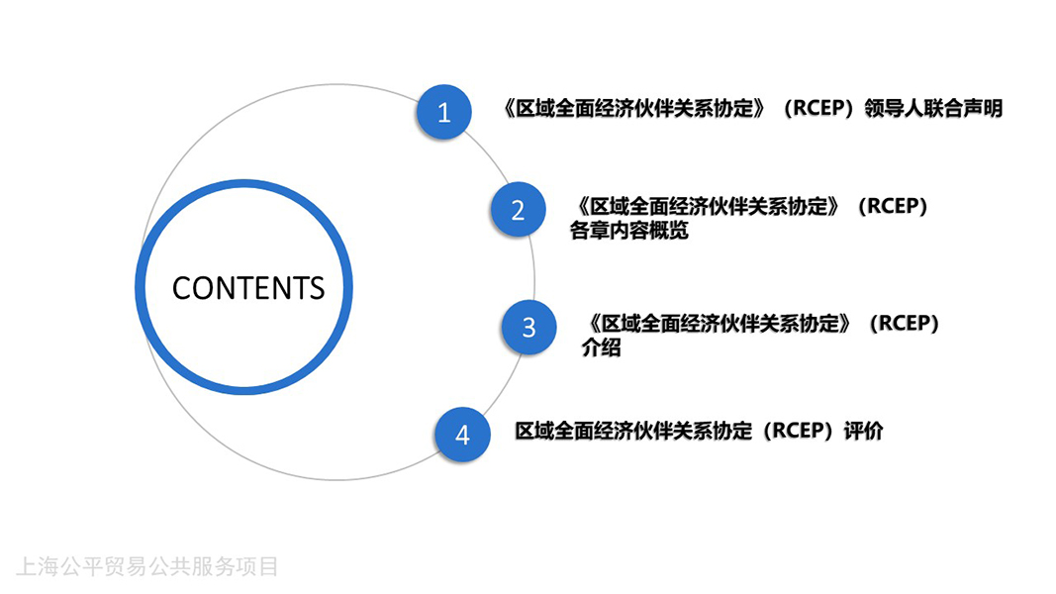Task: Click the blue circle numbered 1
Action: tap(443, 112)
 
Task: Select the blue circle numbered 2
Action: tap(518, 210)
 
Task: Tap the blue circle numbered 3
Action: tap(528, 328)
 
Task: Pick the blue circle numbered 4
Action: tap(462, 435)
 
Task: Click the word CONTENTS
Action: tap(248, 288)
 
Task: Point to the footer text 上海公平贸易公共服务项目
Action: tap(146, 566)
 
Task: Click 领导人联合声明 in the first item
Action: tap(933, 109)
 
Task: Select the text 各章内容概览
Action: tap(629, 231)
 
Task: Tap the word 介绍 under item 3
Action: tap(602, 347)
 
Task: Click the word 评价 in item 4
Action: tap(863, 431)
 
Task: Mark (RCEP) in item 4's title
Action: tap(798, 431)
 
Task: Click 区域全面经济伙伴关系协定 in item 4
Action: tap(633, 431)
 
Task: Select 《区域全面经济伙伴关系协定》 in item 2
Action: tap(709, 206)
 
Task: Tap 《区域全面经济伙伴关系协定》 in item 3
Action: tap(720, 324)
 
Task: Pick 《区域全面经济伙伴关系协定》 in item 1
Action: tap(635, 109)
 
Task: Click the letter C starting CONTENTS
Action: tap(182, 288)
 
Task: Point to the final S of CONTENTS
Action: tap(317, 288)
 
